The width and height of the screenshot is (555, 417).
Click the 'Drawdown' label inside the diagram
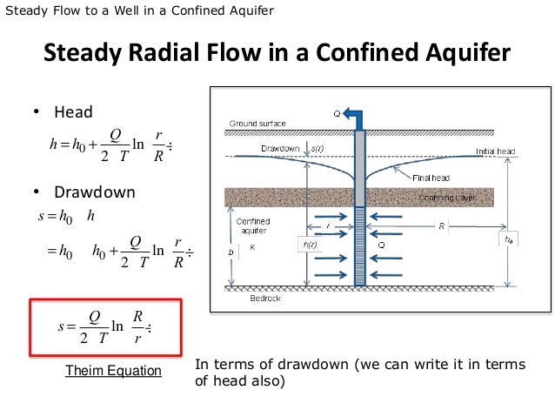pos(279,149)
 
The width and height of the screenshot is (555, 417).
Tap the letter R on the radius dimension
pos(441,225)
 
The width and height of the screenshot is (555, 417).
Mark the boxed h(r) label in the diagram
pos(310,245)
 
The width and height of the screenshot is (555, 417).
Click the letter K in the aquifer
pos(253,247)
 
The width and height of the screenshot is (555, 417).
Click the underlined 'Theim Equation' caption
pos(114,371)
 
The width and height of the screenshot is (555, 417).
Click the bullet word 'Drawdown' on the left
pos(95,192)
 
